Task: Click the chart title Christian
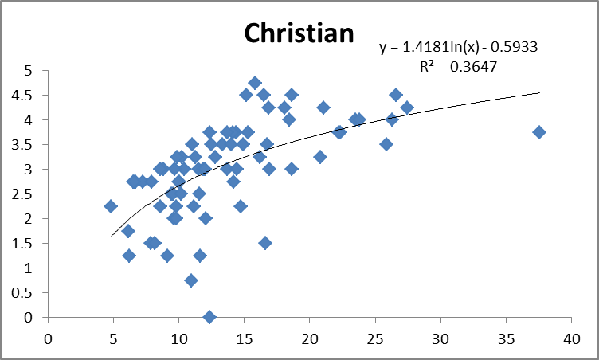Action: pyautogui.click(x=298, y=33)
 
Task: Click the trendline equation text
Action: pyautogui.click(x=458, y=48)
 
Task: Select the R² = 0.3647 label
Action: pyautogui.click(x=458, y=67)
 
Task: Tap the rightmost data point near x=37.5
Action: pyautogui.click(x=539, y=132)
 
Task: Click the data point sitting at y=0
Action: pyautogui.click(x=209, y=317)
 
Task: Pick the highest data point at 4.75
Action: pyautogui.click(x=255, y=83)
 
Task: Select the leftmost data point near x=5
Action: pyautogui.click(x=111, y=206)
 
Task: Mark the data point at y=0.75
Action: pyautogui.click(x=191, y=280)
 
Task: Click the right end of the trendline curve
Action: pyautogui.click(x=539, y=92)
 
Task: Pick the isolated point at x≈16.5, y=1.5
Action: pyautogui.click(x=265, y=243)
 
